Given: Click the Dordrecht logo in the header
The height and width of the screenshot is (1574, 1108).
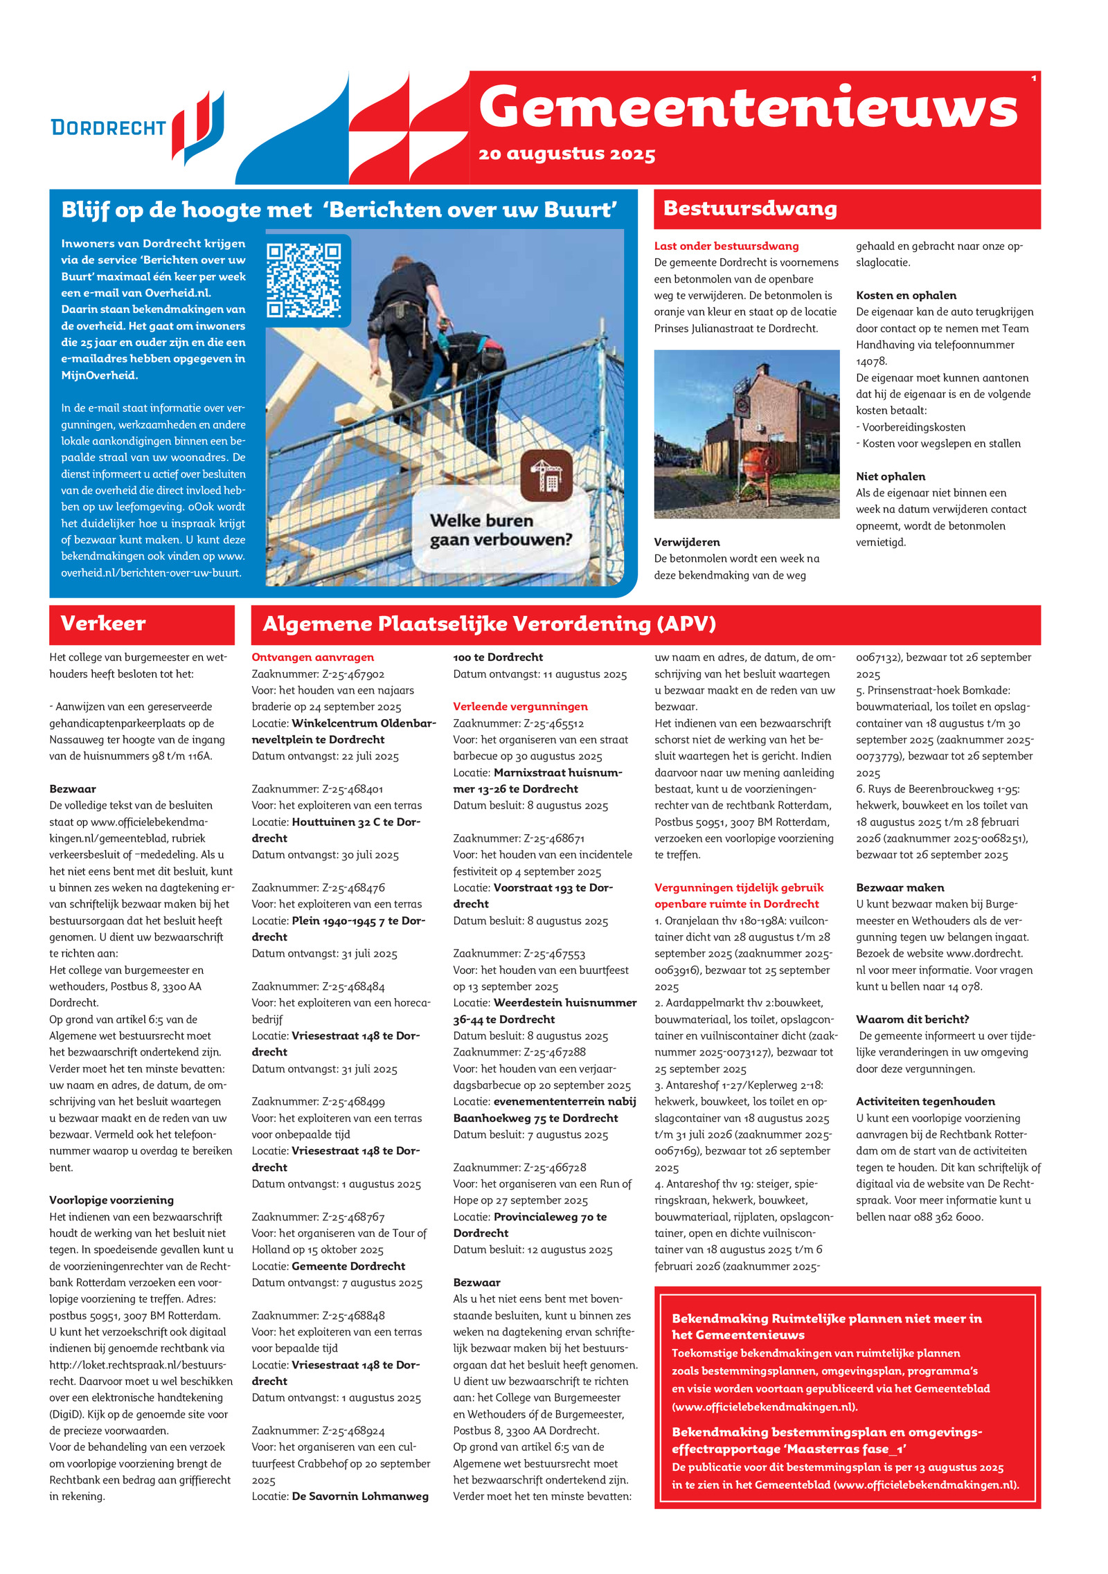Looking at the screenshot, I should tap(137, 127).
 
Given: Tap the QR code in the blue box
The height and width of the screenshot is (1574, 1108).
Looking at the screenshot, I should tap(304, 280).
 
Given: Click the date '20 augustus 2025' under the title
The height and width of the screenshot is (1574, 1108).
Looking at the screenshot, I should tap(566, 154).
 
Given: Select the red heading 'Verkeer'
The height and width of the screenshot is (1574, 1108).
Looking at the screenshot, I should tap(103, 623).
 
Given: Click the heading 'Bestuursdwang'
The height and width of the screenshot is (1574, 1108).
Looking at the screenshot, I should tap(750, 208).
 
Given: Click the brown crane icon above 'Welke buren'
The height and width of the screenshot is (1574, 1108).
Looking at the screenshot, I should tap(546, 476).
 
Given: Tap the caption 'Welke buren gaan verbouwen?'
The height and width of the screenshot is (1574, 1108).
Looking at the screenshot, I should tap(501, 530).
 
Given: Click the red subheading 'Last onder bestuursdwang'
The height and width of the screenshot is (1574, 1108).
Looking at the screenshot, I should tap(726, 246).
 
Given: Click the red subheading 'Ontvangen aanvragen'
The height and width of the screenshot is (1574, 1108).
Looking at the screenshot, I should tap(312, 658).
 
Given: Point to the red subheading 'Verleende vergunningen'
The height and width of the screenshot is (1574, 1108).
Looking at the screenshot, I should tap(520, 707).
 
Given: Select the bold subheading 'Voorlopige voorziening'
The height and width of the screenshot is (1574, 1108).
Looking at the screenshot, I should tap(111, 1200).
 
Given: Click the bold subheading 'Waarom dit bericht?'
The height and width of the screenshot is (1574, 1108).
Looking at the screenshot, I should tap(912, 1020).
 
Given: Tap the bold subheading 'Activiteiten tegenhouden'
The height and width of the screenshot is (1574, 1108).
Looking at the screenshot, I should tap(925, 1101).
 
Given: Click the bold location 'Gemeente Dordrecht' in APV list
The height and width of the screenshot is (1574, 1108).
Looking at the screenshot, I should tap(348, 1266).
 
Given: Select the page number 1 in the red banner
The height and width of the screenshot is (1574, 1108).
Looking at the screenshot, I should tap(1034, 79).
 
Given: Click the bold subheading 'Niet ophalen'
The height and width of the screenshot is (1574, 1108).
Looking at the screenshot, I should tap(891, 476).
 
